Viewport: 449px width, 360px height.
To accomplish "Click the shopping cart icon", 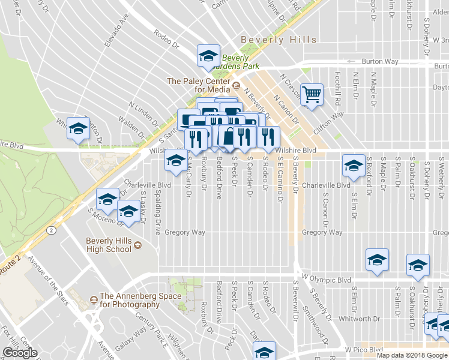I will pyautogui.click(x=312, y=94).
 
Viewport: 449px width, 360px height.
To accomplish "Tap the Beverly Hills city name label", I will pyautogui.click(x=279, y=40).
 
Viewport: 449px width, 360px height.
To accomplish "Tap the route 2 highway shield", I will pyautogui.click(x=53, y=229).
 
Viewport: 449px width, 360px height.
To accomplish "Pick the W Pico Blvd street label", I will pyautogui.click(x=364, y=349).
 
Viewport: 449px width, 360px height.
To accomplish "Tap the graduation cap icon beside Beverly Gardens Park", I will pyautogui.click(x=208, y=56).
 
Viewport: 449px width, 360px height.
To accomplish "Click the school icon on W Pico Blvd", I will pyautogui.click(x=264, y=352).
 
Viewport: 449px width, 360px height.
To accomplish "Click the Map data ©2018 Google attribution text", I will pyautogui.click(x=412, y=355).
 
